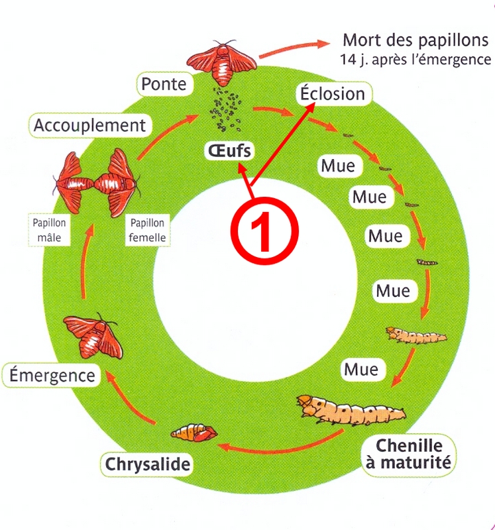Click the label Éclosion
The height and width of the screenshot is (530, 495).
pos(333,93)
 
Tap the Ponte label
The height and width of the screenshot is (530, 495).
pos(164,84)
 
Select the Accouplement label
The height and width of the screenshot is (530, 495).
pos(89,125)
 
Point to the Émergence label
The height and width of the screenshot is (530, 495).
pos(52,376)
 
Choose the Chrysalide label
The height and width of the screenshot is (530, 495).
pos(147,464)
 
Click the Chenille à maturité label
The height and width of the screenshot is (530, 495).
pos(408,453)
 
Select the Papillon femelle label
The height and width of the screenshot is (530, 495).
pos(147,229)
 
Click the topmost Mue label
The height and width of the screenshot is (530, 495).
pos(338,165)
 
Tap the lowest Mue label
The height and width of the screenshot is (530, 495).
pos(361,368)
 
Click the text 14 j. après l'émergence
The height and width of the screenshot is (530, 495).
pos(415,60)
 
